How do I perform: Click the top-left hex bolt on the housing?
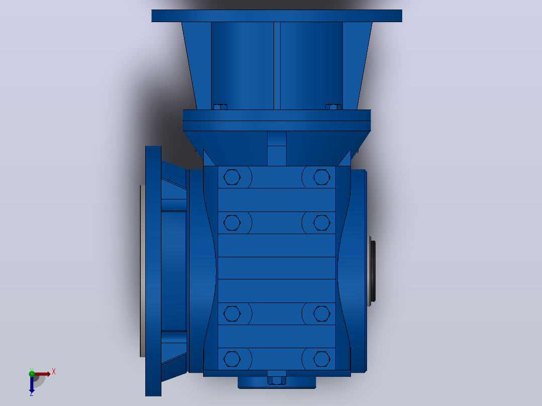pos(232,177)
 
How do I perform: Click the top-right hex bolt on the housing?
pos(321,177)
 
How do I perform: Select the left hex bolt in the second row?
pos(232,223)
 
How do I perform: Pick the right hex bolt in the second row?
pos(321,223)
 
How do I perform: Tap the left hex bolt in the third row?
pos(232,314)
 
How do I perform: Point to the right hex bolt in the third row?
pos(321,314)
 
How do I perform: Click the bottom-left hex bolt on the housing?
pos(232,359)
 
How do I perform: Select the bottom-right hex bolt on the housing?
pos(321,359)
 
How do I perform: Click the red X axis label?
pos(54,372)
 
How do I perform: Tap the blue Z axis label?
pos(32,393)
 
